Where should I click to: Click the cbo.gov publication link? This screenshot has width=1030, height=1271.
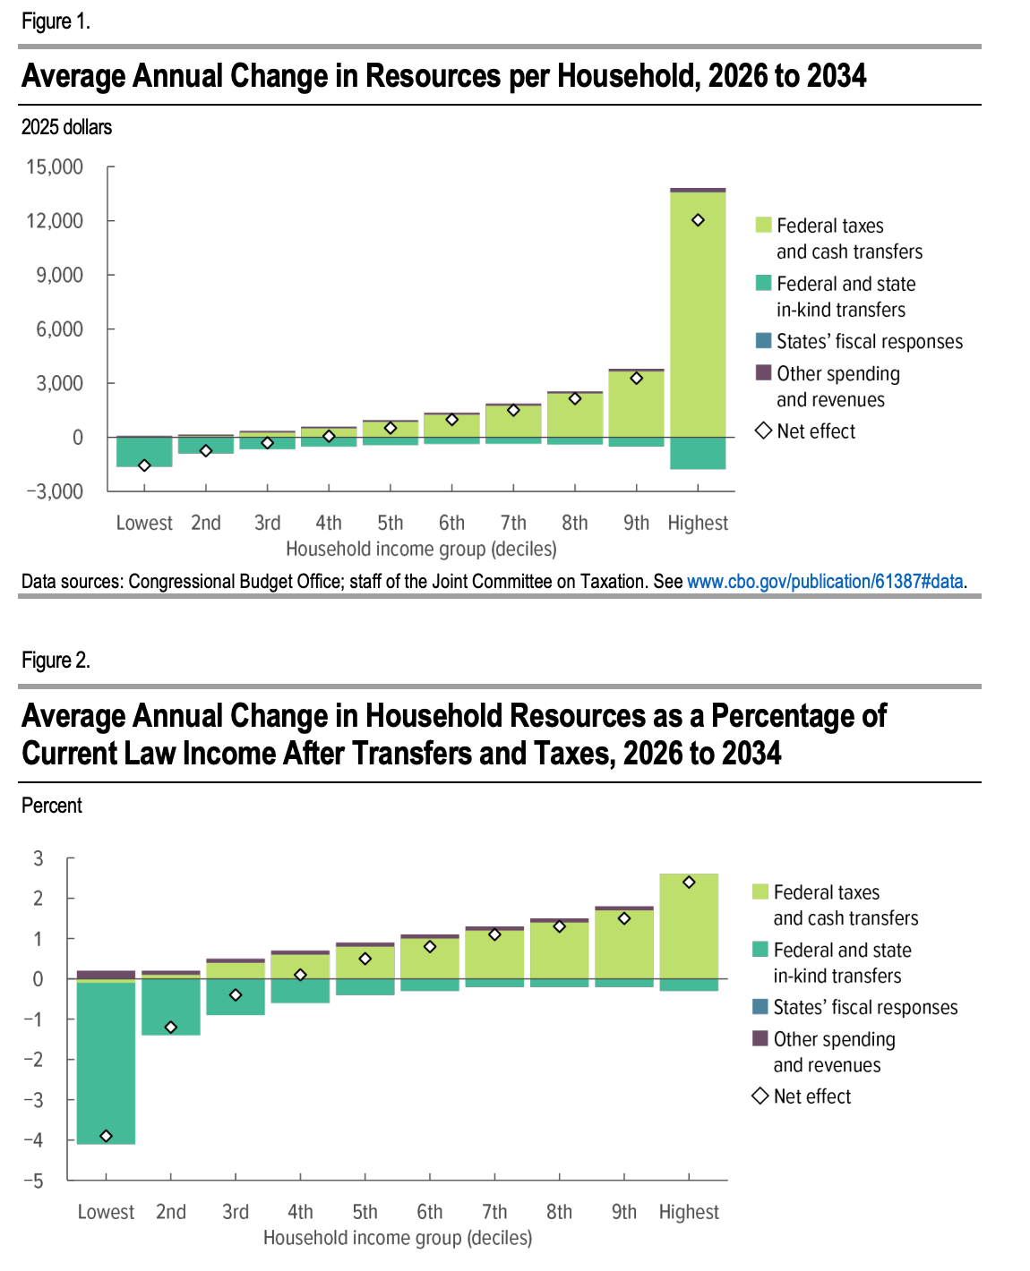[826, 582]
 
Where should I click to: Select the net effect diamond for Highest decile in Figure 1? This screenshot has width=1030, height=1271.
[698, 220]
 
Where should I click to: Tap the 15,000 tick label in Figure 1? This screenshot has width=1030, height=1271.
[55, 167]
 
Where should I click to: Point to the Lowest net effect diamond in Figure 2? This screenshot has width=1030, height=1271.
[106, 1136]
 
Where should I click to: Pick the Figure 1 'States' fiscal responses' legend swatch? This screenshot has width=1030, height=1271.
[763, 341]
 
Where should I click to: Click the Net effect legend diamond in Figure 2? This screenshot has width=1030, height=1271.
[760, 1096]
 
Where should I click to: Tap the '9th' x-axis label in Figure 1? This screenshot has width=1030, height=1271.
[636, 523]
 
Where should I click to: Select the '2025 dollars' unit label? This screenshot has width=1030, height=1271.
[66, 127]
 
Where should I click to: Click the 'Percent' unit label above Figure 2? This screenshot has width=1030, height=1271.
[51, 806]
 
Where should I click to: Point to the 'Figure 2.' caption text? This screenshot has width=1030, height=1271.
[56, 661]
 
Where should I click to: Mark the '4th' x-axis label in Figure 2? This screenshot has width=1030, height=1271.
[300, 1212]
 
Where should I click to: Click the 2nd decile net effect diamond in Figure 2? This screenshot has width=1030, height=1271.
[171, 1027]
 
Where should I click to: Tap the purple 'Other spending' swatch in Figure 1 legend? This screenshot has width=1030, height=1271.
[763, 373]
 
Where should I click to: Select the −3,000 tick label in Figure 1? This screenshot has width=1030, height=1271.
[55, 491]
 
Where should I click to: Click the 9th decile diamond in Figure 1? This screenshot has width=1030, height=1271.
[636, 379]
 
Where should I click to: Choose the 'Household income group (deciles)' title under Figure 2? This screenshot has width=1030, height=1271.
[398, 1238]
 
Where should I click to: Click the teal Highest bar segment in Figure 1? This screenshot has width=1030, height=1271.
[698, 453]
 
